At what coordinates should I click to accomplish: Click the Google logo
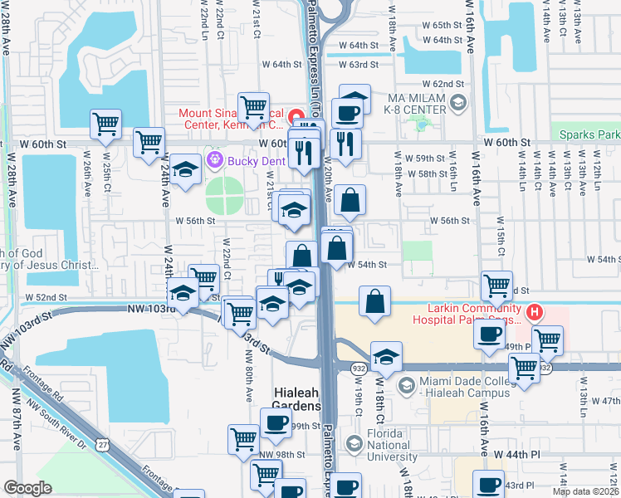click(27, 488)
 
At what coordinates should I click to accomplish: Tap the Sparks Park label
click(589, 134)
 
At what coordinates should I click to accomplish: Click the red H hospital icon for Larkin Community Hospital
click(535, 313)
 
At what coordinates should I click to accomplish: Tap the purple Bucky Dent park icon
click(216, 158)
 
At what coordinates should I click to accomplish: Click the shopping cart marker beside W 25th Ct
click(106, 124)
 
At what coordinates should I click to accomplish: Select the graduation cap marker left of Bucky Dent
click(187, 170)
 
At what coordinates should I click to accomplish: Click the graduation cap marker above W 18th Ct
click(386, 357)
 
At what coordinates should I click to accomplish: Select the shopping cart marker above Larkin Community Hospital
click(496, 286)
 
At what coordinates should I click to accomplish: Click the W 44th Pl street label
click(517, 455)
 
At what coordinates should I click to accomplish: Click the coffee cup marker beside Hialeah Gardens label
click(276, 422)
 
